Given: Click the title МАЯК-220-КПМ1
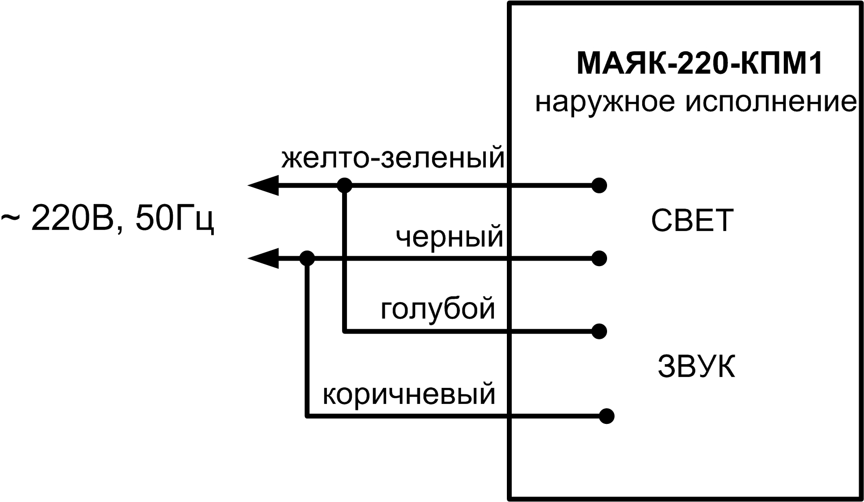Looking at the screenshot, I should [x=699, y=64].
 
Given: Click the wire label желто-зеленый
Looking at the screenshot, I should [x=393, y=158].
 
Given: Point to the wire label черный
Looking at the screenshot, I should [x=449, y=236].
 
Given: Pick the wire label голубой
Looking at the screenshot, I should [x=437, y=309].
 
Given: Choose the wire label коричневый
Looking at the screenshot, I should [x=409, y=394].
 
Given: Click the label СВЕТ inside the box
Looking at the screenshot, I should [x=692, y=220].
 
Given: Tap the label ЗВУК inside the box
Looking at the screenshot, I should [x=696, y=367].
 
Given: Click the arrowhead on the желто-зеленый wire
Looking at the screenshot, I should [x=262, y=186].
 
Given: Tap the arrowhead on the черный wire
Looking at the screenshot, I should [x=262, y=259].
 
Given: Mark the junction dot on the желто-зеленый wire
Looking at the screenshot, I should [x=344, y=186].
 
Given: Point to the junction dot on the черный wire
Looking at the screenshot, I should [x=306, y=259].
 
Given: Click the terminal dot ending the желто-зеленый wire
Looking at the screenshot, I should [x=599, y=186].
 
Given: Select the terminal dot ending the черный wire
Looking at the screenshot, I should [x=599, y=259].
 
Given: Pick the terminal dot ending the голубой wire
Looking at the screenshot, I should [x=599, y=331].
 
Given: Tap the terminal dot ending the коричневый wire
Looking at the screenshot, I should [x=607, y=416].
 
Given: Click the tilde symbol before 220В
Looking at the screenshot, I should [x=11, y=219].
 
